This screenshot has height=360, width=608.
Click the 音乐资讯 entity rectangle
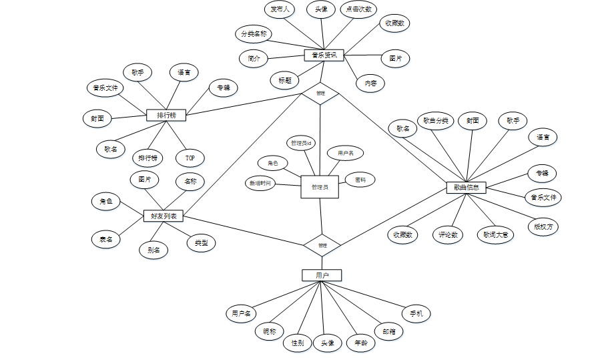[324, 55]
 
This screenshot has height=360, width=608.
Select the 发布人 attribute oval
[279, 9]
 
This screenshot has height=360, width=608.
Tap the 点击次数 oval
[358, 9]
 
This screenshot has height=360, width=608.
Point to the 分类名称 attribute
[254, 33]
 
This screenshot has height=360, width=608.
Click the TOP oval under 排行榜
[190, 158]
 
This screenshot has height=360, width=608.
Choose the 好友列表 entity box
[164, 216]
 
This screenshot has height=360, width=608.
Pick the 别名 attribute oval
[154, 250]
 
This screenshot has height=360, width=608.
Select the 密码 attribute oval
[360, 180]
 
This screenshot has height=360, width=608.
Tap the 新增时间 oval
[260, 182]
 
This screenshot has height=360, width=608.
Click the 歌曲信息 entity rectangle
[466, 188]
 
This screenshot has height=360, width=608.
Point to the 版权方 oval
[543, 226]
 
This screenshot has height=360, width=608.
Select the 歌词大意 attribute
[495, 234]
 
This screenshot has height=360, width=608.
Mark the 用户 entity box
[322, 275]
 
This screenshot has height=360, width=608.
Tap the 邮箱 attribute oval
[388, 331]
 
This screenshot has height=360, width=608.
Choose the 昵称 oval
[270, 331]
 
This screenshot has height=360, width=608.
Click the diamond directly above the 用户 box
[322, 245]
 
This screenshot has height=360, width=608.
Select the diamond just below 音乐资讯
[320, 93]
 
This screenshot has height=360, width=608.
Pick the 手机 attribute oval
[416, 313]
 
